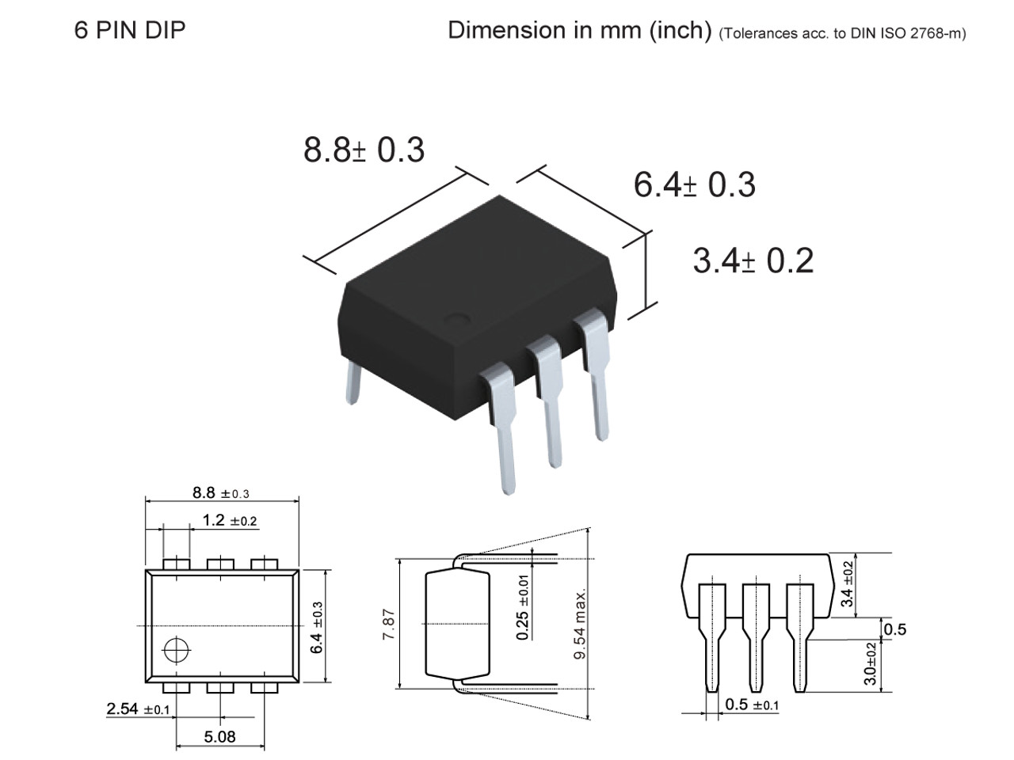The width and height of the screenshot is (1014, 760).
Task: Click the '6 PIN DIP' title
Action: (x=129, y=30)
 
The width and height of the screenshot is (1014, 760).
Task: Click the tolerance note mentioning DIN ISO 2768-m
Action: (x=842, y=34)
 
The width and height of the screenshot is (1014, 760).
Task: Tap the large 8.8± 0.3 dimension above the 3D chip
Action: (x=364, y=149)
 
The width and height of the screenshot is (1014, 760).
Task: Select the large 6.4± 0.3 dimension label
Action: (x=694, y=184)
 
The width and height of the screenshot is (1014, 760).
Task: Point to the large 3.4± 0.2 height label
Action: (x=753, y=260)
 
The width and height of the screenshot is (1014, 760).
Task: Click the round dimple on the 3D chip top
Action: (x=456, y=320)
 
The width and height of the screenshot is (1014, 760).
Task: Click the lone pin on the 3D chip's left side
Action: (x=352, y=388)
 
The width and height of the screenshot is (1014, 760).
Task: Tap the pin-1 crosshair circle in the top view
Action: (x=176, y=650)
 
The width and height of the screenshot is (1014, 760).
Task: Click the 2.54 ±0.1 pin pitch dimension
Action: (x=138, y=709)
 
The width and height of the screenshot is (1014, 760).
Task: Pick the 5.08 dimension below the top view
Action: (x=219, y=737)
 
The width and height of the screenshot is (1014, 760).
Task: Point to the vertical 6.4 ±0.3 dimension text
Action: (x=317, y=626)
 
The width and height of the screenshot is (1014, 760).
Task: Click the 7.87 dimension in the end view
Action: (x=388, y=625)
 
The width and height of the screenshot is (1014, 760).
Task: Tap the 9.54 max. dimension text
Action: (x=580, y=625)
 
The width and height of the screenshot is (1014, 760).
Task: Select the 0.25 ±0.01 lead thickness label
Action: (x=523, y=607)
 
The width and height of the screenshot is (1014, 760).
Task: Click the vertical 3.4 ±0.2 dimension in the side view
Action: (x=848, y=584)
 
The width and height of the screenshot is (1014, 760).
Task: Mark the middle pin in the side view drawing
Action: (x=756, y=633)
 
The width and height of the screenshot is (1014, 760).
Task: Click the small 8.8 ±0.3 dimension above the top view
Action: (x=220, y=493)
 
